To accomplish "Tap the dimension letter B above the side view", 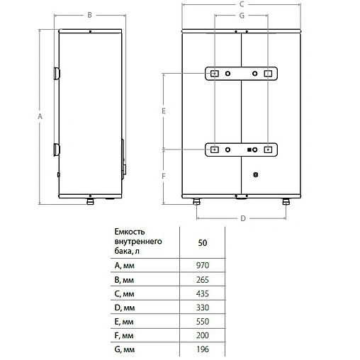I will tap(89, 15).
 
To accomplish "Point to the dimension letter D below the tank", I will tap(242, 219).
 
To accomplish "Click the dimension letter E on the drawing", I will tap(163, 111).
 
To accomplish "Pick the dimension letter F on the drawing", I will tap(163, 174).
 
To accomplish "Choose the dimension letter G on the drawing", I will tap(242, 16).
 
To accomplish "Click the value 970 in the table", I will tap(203, 266).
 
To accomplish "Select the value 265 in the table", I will tap(203, 280).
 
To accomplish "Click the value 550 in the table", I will tap(203, 322).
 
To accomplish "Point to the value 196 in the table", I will tap(203, 351).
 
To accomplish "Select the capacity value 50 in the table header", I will tap(203, 242).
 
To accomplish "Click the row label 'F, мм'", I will tap(123, 337).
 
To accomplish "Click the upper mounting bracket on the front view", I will tap(241, 74).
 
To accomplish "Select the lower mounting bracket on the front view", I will tap(241, 150).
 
